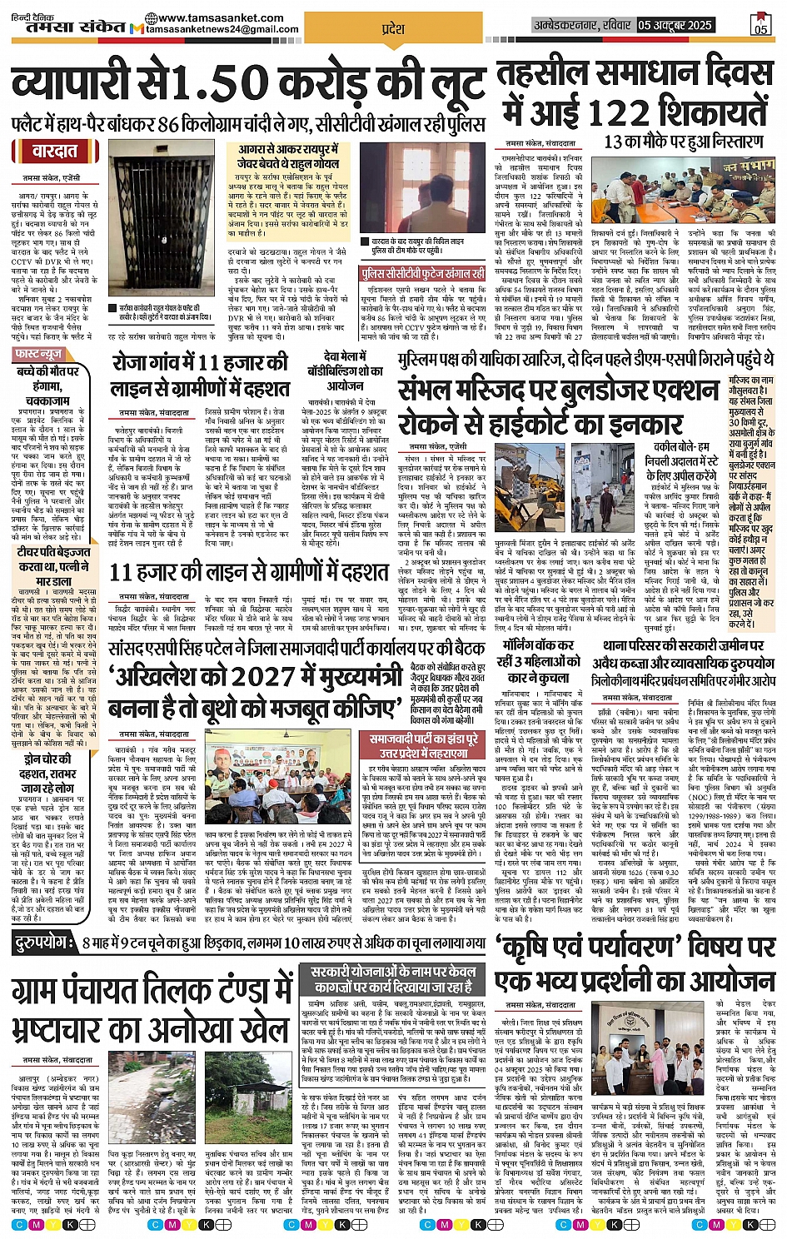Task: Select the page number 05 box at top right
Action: pyautogui.click(x=760, y=24)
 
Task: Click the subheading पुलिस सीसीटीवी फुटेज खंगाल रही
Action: pyautogui.click(x=423, y=273)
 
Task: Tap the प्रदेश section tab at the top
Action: pyautogui.click(x=392, y=29)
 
